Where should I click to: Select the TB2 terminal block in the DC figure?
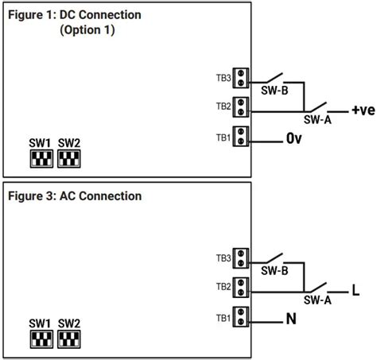(242, 106)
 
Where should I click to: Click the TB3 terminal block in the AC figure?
(242, 258)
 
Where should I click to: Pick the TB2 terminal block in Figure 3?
(242, 286)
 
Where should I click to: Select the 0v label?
(294, 138)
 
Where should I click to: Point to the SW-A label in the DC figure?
(318, 120)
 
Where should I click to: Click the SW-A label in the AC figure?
(318, 300)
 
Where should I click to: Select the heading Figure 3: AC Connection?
(76, 196)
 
